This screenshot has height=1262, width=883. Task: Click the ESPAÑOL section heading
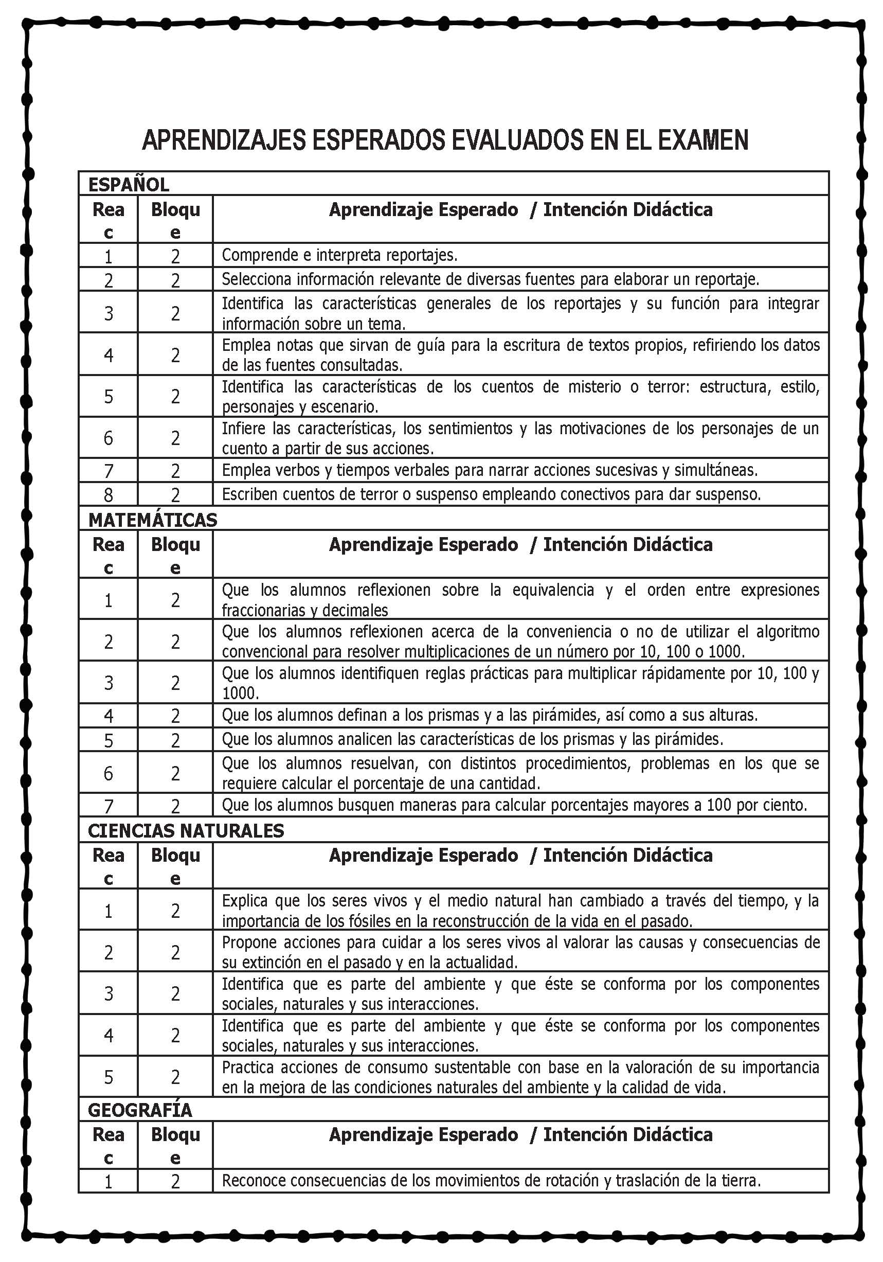click(x=129, y=185)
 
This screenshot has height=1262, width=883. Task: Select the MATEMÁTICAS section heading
click(x=153, y=520)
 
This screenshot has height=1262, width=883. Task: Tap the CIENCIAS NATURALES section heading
click(x=186, y=830)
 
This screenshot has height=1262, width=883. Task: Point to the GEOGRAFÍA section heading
click(x=140, y=1110)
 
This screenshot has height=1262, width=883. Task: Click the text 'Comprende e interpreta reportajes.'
click(x=339, y=255)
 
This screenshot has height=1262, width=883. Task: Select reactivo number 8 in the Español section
click(x=108, y=495)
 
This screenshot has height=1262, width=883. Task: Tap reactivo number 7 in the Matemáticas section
click(x=108, y=806)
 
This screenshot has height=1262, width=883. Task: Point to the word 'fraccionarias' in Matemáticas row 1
click(x=258, y=610)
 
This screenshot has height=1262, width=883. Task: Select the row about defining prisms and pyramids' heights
click(x=489, y=715)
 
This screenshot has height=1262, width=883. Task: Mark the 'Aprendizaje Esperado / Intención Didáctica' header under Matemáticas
click(x=520, y=544)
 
